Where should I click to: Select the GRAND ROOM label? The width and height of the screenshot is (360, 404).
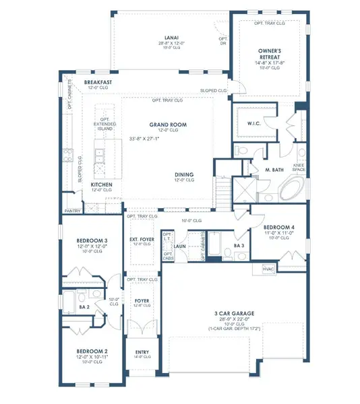pyautogui.click(x=168, y=125)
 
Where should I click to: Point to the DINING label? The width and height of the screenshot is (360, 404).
pyautogui.click(x=184, y=173)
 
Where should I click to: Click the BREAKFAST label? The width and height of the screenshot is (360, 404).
pyautogui.click(x=98, y=82)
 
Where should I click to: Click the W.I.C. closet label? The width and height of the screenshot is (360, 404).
pyautogui.click(x=256, y=123)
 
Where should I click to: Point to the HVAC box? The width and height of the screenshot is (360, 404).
pyautogui.click(x=268, y=269)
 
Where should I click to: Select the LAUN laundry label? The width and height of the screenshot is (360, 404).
pyautogui.click(x=180, y=246)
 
